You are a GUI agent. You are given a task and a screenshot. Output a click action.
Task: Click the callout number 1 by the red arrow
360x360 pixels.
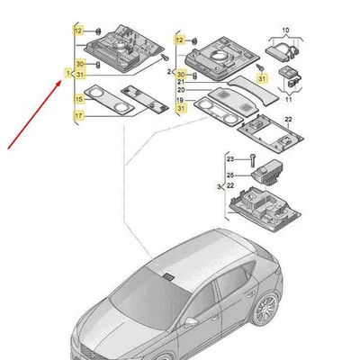[x=67, y=71]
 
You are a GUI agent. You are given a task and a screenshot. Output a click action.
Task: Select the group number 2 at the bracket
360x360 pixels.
[x=170, y=70]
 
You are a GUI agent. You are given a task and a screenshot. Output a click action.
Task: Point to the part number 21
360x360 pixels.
[x=181, y=82]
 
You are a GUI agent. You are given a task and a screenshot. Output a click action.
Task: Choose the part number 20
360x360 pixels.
[x=181, y=91]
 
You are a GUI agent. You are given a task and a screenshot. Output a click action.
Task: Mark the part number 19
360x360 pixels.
[x=181, y=100]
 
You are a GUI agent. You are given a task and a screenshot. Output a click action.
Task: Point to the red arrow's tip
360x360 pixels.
[x=59, y=79]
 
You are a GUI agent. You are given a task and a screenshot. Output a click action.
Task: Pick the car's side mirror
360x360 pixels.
[x=191, y=321]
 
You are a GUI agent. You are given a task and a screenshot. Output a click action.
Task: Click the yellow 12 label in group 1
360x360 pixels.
[x=78, y=31]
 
